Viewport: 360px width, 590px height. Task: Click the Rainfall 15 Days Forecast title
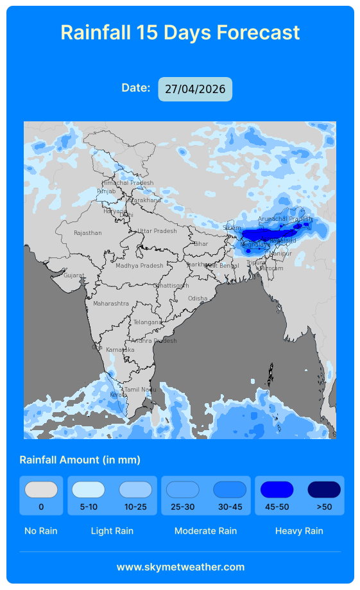click(180, 32)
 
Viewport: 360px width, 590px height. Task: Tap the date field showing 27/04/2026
click(195, 89)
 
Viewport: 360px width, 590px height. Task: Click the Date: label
click(136, 88)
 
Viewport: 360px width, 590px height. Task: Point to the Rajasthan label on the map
click(88, 233)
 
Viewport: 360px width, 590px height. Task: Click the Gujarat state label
click(74, 275)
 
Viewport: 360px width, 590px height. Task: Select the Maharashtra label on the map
click(111, 304)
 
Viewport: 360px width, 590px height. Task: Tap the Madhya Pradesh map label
click(139, 266)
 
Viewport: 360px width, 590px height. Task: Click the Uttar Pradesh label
click(157, 231)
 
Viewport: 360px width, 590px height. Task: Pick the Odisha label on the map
click(198, 299)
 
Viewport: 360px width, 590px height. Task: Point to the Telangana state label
click(148, 322)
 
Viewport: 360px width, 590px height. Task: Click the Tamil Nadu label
click(140, 390)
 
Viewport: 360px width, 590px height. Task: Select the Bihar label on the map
click(201, 244)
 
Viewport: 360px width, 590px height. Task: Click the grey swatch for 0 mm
click(41, 490)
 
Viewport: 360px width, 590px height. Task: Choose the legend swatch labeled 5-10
click(89, 490)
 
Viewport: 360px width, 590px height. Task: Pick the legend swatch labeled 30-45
click(230, 490)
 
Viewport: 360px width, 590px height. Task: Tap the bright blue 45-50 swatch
click(277, 490)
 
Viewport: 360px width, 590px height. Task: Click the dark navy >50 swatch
click(324, 490)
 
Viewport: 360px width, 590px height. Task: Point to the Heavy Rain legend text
click(299, 531)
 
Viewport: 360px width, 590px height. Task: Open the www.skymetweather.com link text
click(180, 567)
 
